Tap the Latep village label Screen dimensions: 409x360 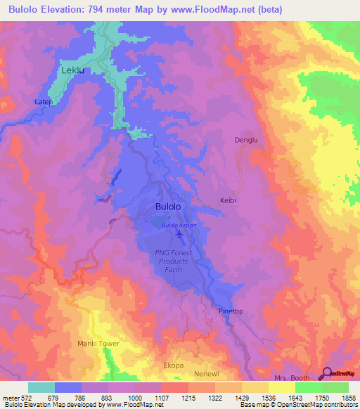pyautogui.click(x=44, y=102)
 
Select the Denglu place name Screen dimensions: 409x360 pyautogui.click(x=246, y=140)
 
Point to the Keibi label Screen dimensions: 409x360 pyautogui.click(x=229, y=200)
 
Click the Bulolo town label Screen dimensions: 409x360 pyautogui.click(x=168, y=207)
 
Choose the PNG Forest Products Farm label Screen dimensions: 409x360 pyautogui.click(x=179, y=260)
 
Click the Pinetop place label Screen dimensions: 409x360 pyautogui.click(x=231, y=311)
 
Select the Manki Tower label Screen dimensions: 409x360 pyautogui.click(x=98, y=344)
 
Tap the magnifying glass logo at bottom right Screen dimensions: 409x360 pyautogui.click(x=326, y=374)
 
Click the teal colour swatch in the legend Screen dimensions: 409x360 pyautogui.click(x=41, y=387)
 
